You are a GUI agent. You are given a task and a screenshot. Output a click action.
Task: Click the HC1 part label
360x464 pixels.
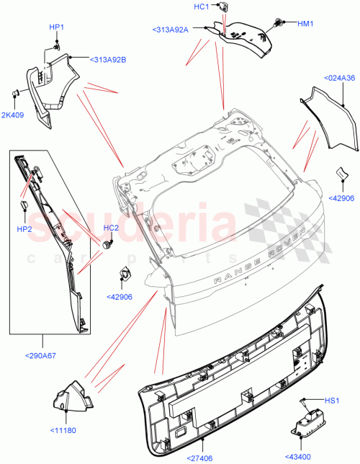(201, 6)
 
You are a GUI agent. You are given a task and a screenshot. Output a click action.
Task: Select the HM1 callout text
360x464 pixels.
(307, 23)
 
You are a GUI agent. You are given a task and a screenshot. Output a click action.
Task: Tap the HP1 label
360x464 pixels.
(56, 27)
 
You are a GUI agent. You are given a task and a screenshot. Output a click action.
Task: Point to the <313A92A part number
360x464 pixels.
(170, 30)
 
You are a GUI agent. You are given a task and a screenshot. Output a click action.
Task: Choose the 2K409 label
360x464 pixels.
(12, 114)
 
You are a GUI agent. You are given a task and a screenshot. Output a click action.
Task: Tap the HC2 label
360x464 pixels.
(110, 228)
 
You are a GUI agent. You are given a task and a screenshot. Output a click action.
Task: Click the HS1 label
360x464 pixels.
(332, 401)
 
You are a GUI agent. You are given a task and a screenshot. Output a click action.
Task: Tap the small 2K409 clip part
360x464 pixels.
(14, 92)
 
